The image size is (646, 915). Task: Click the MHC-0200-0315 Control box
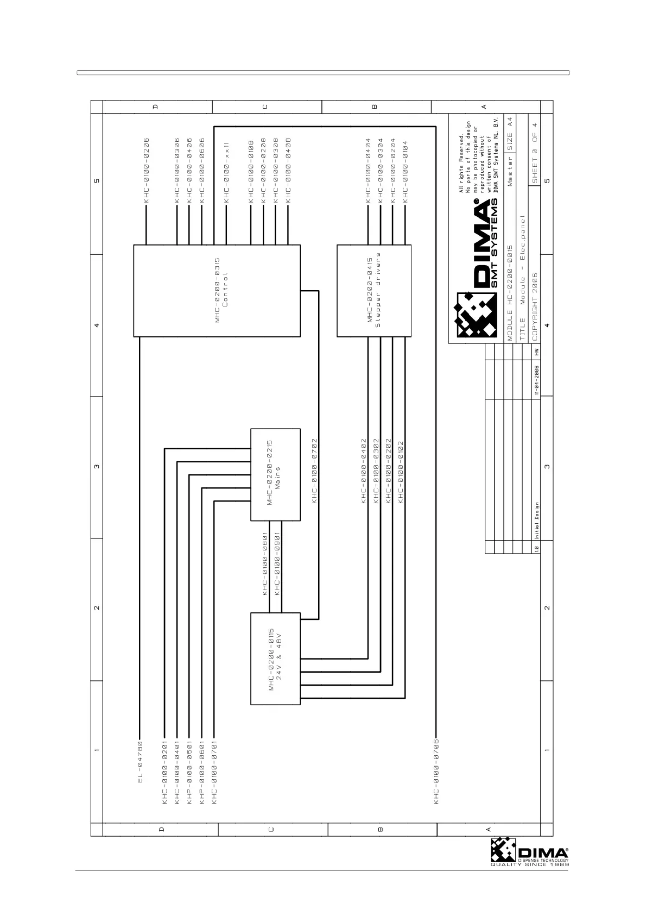(217, 291)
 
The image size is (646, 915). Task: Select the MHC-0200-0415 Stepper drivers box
(373, 291)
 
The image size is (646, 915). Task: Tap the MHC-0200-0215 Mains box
(275, 474)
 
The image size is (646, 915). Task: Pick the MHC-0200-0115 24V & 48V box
(275, 659)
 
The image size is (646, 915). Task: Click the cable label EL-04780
(140, 762)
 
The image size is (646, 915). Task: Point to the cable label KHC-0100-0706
(436, 770)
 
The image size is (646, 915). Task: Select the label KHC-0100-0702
(314, 471)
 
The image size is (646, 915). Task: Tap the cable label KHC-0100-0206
(146, 170)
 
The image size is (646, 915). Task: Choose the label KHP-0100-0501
(189, 770)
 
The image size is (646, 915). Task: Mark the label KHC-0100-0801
(265, 563)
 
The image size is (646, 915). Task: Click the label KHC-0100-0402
(364, 471)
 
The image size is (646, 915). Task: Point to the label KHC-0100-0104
(405, 170)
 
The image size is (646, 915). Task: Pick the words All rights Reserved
(462, 162)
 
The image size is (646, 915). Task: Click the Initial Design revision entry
(536, 519)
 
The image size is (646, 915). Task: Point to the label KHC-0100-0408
(288, 170)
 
